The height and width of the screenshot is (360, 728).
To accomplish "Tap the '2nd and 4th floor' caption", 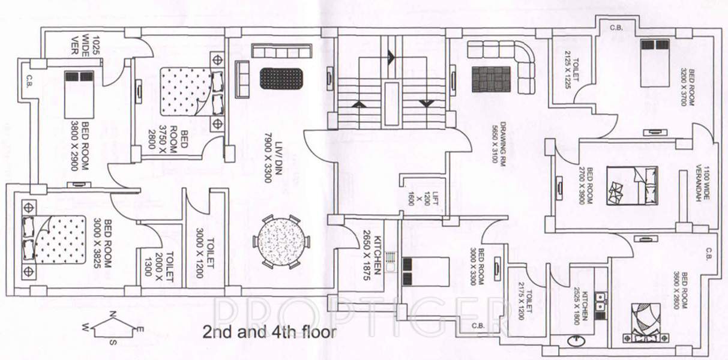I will click(x=269, y=331).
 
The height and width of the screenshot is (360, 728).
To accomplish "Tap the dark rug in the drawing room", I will click(x=491, y=79).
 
